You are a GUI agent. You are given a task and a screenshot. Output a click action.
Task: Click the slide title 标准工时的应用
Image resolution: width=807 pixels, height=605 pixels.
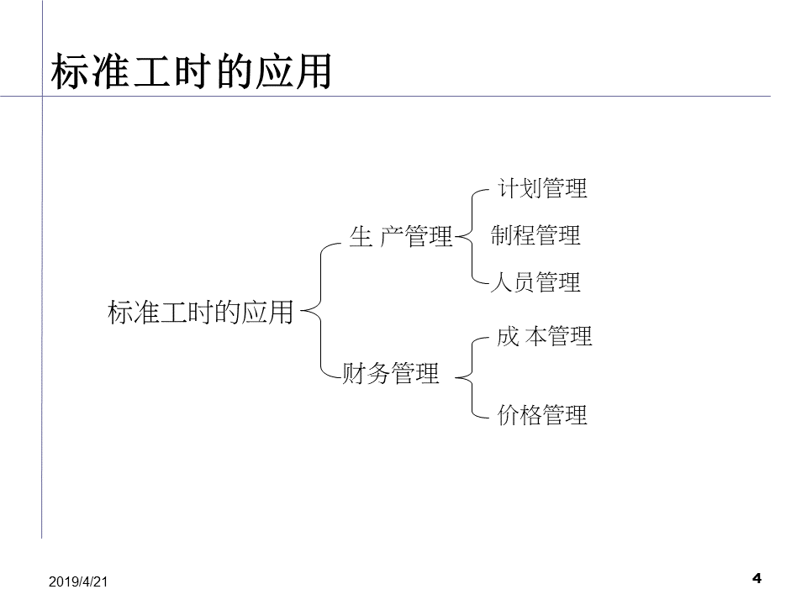click(192, 72)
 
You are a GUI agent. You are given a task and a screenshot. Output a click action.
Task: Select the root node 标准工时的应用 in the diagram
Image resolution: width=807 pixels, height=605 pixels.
click(201, 313)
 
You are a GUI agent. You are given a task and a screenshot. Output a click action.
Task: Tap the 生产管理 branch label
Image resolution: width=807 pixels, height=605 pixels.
click(401, 238)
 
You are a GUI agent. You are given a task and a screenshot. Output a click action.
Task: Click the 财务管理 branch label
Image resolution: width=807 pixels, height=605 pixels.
click(391, 373)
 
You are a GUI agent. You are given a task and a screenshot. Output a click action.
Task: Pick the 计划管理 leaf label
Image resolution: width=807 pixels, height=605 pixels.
click(542, 188)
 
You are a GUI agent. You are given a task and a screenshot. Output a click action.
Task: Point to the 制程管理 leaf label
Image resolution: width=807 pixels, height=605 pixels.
click(535, 235)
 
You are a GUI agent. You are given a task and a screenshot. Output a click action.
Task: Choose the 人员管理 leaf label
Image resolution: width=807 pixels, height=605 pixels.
click(535, 282)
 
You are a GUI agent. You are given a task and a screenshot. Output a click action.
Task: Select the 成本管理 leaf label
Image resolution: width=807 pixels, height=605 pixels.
click(544, 336)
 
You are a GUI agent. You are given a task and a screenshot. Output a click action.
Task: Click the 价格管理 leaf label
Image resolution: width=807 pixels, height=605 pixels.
click(542, 415)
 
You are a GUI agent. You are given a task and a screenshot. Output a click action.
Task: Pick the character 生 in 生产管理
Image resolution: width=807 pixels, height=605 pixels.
click(360, 238)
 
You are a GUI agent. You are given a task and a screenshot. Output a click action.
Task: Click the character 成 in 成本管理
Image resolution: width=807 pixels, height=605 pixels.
click(508, 336)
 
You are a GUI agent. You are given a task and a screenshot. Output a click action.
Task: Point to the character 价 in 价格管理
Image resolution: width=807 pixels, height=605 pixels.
click(508, 415)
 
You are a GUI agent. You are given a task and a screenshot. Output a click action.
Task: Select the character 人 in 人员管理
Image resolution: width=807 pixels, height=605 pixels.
click(502, 282)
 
